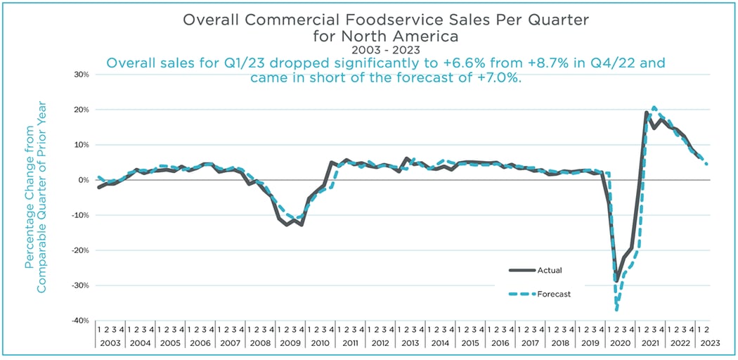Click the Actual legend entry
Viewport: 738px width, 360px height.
(549, 269)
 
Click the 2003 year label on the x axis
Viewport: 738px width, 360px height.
(110, 342)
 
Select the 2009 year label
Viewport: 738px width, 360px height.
(290, 342)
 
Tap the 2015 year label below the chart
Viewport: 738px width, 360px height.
(471, 342)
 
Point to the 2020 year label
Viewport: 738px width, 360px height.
(621, 342)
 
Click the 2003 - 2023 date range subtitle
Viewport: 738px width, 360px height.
(369, 51)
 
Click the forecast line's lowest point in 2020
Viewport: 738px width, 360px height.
(616, 310)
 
